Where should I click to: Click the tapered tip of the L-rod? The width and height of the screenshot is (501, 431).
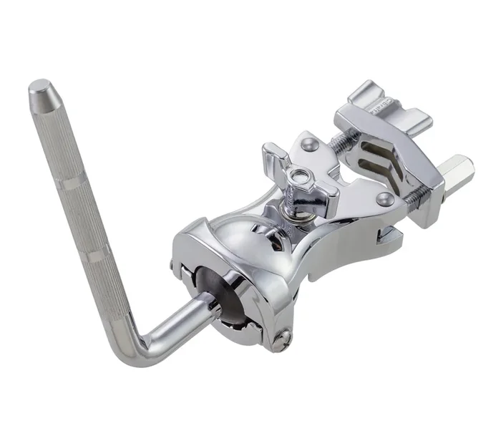[x=39, y=88]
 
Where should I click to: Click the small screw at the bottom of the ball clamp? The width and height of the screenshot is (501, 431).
[x=288, y=330]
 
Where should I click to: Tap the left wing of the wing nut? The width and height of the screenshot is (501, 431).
[x=274, y=154]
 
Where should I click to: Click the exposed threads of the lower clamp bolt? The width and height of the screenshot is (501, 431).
[x=407, y=194]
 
